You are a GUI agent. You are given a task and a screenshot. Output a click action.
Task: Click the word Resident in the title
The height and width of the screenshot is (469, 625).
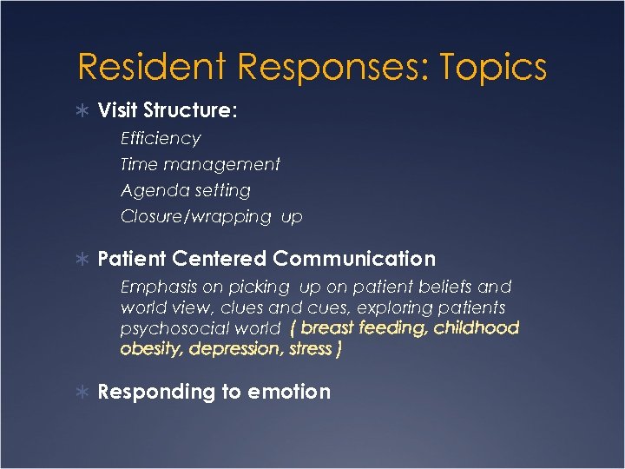(x=153, y=67)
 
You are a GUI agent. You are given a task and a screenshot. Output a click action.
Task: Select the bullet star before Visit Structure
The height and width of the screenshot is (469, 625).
(x=84, y=111)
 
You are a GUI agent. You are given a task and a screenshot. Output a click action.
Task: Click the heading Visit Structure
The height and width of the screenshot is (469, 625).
(x=168, y=110)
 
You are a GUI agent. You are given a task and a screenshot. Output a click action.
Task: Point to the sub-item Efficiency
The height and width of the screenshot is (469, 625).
(x=161, y=138)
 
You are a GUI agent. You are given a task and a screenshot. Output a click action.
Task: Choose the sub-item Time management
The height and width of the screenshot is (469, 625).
(x=201, y=164)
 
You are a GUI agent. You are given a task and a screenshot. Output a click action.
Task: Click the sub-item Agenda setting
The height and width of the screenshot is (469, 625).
(x=186, y=190)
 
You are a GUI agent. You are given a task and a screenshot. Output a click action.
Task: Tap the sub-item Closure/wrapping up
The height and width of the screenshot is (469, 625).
(x=211, y=217)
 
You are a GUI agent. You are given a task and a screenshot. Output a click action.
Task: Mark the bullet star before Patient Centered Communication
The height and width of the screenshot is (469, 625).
(x=84, y=259)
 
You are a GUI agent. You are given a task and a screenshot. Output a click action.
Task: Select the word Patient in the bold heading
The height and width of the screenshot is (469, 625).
(x=132, y=258)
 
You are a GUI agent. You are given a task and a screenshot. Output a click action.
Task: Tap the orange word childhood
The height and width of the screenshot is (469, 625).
(x=476, y=327)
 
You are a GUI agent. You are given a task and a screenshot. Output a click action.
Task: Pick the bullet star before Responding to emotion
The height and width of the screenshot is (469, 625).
(x=84, y=393)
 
